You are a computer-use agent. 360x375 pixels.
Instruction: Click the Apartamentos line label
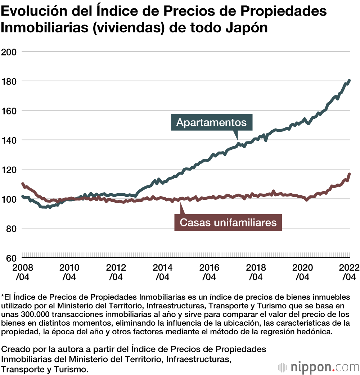point(211,122)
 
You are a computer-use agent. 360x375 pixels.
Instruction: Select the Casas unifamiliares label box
point(228,222)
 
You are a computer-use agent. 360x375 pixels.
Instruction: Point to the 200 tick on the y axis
point(10,52)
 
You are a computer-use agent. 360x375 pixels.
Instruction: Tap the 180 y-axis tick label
point(10,81)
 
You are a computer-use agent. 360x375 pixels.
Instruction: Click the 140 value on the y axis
point(10,140)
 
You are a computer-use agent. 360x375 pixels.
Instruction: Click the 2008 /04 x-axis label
point(22,272)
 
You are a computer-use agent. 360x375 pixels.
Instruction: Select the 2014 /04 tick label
point(162,272)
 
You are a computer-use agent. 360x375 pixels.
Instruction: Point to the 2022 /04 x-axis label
point(348,272)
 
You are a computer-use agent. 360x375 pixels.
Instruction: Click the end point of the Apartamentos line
point(350,81)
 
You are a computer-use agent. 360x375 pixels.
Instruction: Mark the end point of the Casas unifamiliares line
point(350,174)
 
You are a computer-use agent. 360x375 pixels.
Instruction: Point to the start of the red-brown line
point(23,184)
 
